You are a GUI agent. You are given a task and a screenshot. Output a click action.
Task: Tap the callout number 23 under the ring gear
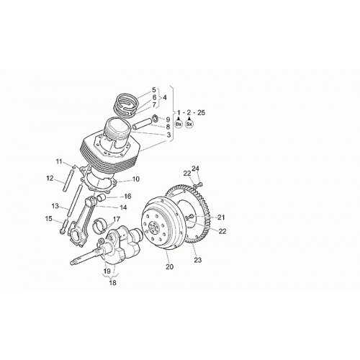[x=198, y=260]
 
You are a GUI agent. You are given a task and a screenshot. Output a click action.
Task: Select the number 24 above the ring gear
[x=195, y=168]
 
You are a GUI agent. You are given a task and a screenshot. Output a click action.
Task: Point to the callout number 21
[x=221, y=217]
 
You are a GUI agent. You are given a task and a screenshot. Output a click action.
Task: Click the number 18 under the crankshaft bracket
[x=112, y=283]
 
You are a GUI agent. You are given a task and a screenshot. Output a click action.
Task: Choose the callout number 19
[x=107, y=271]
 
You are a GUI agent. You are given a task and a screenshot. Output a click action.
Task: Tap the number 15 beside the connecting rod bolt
[x=48, y=219]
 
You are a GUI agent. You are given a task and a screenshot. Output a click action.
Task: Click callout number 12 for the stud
[x=50, y=179]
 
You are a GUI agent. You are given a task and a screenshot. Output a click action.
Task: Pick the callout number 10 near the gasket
[x=135, y=179]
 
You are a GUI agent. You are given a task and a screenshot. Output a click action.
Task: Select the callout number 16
[x=127, y=197]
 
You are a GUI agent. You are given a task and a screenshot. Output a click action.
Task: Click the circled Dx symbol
[x=179, y=124]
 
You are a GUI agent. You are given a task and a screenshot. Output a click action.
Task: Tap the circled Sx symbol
[x=189, y=124]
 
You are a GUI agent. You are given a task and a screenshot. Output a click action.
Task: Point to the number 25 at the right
[x=201, y=112]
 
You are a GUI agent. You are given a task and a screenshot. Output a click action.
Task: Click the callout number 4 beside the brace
[x=164, y=98]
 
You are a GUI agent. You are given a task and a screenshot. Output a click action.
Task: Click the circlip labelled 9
[x=155, y=119]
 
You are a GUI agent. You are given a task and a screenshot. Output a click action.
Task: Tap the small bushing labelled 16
[x=101, y=198]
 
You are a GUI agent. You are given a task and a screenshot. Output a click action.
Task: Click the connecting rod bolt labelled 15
[x=63, y=227]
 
